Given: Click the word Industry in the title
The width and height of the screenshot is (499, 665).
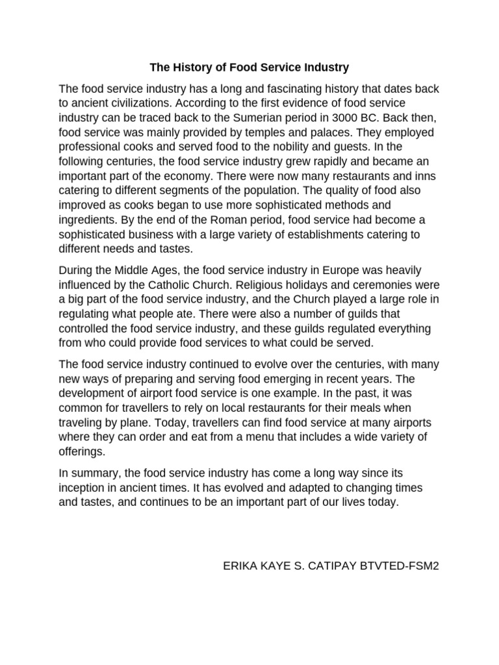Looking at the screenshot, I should click(x=323, y=67).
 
